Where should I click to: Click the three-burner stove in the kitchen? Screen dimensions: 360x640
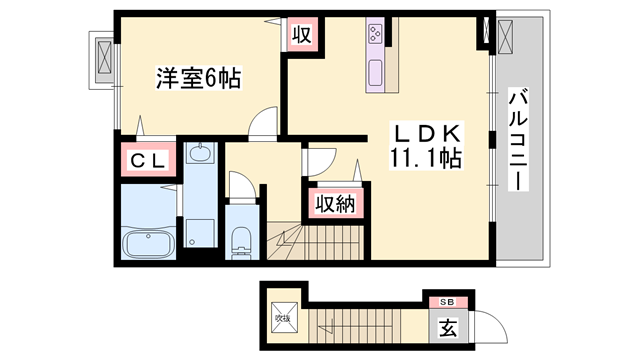pyautogui.click(x=377, y=34)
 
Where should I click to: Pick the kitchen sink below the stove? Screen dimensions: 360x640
pyautogui.click(x=377, y=73)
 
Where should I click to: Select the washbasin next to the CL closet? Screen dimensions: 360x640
pyautogui.click(x=199, y=156)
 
